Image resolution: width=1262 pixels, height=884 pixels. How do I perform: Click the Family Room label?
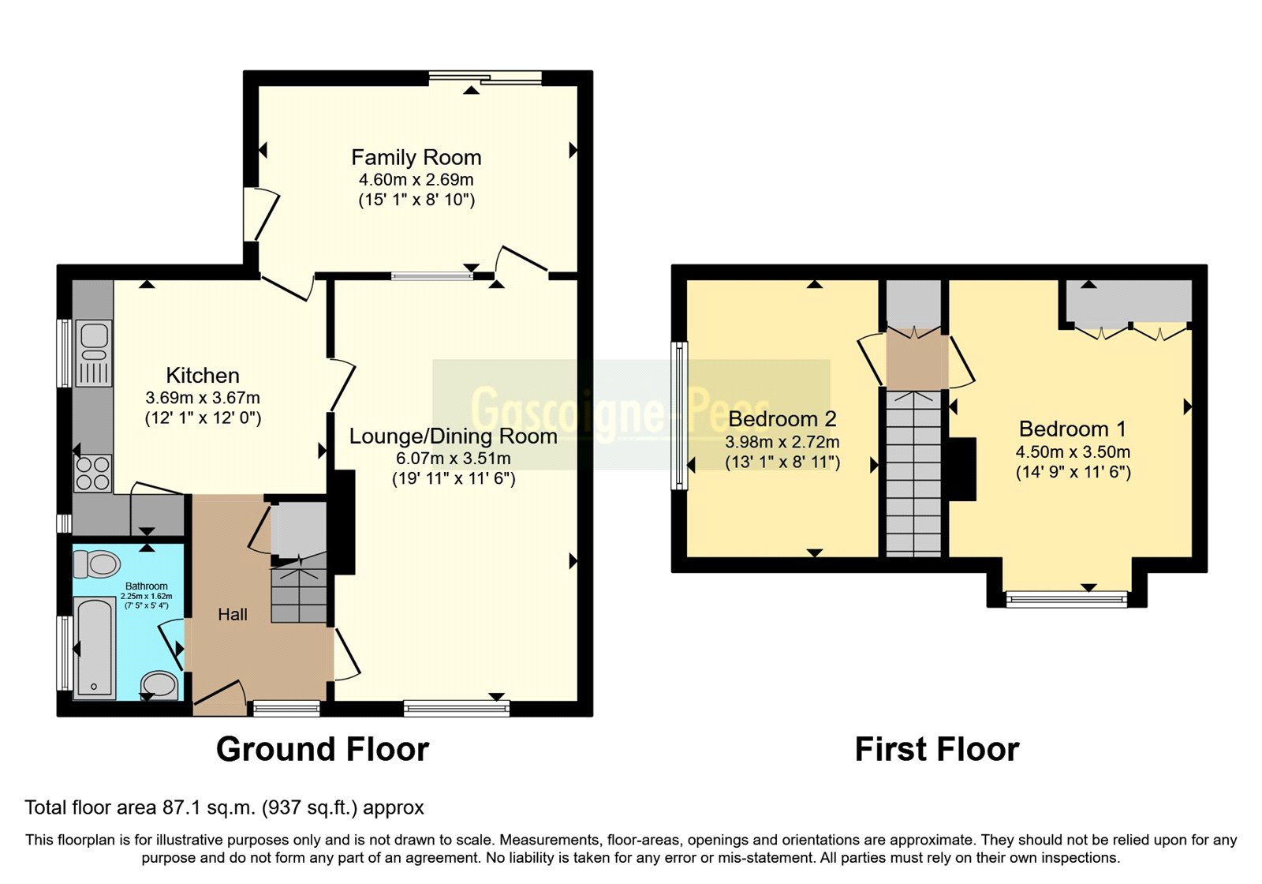coord(416,158)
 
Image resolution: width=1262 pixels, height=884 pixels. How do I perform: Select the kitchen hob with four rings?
coord(92,474)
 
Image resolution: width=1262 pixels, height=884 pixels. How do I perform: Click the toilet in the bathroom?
coord(97,564)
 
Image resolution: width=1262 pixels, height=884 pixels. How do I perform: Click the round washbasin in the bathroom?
coord(159,684)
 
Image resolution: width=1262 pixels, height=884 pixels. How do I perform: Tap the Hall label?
coord(233,615)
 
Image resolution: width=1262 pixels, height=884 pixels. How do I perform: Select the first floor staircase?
coord(913,474)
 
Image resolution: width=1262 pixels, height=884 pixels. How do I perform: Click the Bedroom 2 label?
coord(782,419)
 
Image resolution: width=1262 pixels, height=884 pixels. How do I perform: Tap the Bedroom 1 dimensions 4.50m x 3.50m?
coord(1073,452)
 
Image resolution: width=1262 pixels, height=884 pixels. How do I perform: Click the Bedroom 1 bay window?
coord(1067,600)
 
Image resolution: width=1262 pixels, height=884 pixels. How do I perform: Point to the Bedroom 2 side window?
coord(678,414)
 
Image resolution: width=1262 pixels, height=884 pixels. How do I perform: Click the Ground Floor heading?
coord(323,749)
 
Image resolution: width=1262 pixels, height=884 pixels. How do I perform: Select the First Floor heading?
coord(937,749)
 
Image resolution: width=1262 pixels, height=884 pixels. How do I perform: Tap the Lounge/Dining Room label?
coord(453,436)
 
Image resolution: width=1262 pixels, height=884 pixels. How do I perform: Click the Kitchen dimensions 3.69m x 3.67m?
coord(203,398)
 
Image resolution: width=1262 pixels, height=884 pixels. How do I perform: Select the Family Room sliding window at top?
coord(485,77)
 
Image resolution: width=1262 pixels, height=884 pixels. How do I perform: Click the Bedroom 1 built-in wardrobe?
coord(1129,303)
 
